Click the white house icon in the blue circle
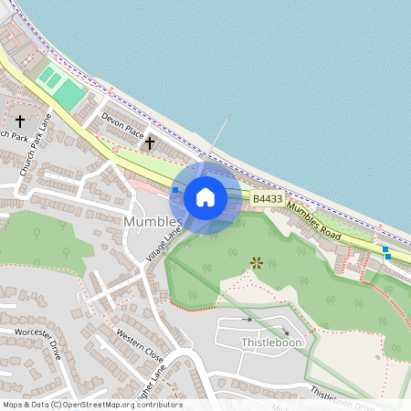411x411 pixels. click(205, 197)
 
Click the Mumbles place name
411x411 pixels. click(153, 222)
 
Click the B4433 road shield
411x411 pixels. click(268, 198)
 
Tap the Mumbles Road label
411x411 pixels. click(312, 222)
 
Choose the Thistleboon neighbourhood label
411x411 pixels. click(270, 342)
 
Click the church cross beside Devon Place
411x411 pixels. click(150, 142)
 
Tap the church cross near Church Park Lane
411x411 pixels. click(20, 120)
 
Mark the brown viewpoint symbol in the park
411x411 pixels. click(257, 263)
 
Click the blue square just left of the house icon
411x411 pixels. click(175, 190)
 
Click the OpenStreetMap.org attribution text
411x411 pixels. click(119, 405)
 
